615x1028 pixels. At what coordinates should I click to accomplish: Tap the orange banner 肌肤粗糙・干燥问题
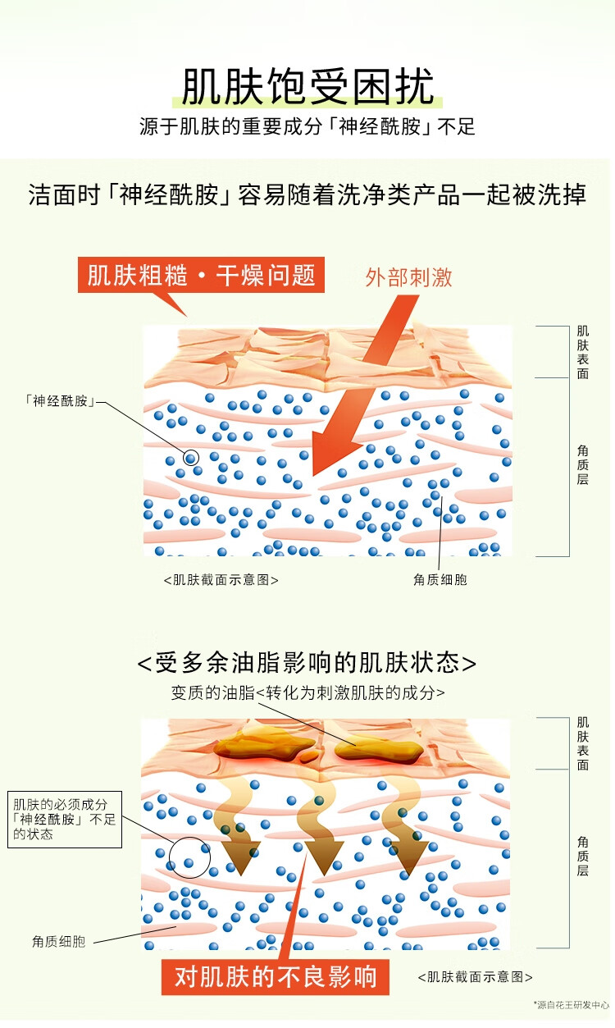click(202, 275)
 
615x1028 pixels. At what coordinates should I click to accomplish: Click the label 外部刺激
click(408, 277)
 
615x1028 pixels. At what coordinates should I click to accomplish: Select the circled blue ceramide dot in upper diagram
click(190, 458)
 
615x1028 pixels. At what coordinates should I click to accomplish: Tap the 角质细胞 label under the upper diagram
click(440, 579)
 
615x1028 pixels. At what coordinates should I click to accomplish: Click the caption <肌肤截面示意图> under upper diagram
click(221, 579)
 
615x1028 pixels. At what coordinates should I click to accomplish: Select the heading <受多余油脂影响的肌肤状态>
click(307, 662)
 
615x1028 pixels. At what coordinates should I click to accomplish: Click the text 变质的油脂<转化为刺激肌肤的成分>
click(308, 692)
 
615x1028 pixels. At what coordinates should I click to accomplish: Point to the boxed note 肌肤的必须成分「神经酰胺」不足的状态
click(65, 819)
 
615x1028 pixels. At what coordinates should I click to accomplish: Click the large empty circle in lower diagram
click(189, 857)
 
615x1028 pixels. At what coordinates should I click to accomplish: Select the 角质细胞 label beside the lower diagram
click(59, 941)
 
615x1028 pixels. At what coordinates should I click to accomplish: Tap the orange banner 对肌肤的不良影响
click(276, 976)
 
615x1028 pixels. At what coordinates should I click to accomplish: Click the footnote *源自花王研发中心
click(572, 1003)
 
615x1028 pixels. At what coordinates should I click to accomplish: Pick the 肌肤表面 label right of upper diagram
click(582, 352)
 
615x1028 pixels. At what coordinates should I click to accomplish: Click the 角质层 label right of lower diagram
click(582, 856)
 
